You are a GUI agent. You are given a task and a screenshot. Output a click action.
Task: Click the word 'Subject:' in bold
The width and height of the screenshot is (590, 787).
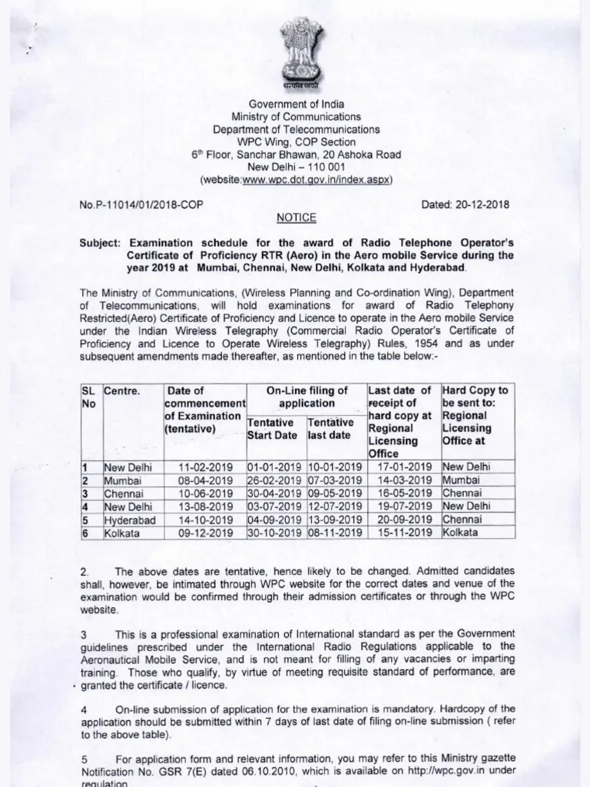(x=103, y=241)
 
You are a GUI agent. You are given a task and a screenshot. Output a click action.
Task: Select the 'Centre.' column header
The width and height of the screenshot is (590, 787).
(x=123, y=391)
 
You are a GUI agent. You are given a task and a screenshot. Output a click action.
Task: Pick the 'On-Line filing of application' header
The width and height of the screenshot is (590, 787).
(x=307, y=397)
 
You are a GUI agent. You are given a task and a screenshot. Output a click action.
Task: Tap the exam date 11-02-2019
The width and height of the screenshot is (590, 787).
(x=204, y=467)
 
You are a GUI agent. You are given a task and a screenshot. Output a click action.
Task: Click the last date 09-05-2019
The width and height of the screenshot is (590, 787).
(x=334, y=493)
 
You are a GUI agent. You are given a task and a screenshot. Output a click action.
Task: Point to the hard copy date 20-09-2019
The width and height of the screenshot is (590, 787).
(x=403, y=520)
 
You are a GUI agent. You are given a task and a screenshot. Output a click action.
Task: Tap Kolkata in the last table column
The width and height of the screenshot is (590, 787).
(x=460, y=533)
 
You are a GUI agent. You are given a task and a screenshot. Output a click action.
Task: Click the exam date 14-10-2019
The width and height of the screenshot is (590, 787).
(x=204, y=520)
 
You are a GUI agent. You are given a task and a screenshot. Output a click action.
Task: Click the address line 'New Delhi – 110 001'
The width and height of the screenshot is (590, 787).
(x=296, y=167)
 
